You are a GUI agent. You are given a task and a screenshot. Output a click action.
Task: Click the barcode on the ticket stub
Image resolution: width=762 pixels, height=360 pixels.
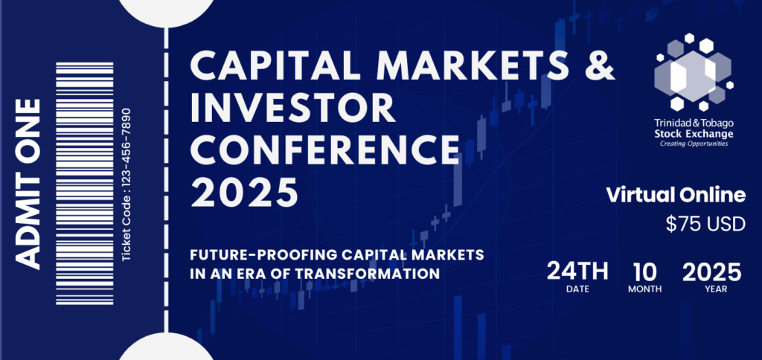(x=85, y=184)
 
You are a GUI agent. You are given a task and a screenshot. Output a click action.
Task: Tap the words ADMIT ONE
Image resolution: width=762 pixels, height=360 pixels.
(x=28, y=184)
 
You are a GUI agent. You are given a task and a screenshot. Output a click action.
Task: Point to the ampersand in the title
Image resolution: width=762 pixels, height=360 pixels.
(x=600, y=65)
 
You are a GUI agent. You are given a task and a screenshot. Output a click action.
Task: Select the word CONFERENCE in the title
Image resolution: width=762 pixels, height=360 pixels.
(x=324, y=150)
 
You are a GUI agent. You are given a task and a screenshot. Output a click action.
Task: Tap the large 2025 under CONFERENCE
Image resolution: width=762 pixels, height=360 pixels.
(x=244, y=193)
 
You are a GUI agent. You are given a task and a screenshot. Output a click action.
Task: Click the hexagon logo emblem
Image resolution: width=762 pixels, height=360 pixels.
(x=694, y=72)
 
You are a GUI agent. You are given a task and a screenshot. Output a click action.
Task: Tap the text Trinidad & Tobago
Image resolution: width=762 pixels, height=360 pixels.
(x=693, y=123)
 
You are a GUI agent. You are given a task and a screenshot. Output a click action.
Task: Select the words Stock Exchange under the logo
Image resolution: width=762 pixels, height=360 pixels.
(x=693, y=134)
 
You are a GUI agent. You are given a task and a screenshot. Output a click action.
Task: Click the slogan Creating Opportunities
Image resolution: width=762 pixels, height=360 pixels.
(x=693, y=144)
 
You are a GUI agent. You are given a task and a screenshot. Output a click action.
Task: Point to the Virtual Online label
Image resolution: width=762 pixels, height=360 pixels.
(x=676, y=196)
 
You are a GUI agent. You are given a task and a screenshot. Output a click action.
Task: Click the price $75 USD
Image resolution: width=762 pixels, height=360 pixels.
(x=705, y=223)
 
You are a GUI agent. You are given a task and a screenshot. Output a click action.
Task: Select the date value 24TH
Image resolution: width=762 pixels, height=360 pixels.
(x=577, y=271)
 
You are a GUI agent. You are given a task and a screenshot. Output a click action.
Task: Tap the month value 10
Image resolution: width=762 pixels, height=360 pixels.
(x=644, y=271)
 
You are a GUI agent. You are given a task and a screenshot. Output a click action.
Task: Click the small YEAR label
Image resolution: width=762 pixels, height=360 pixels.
(x=717, y=289)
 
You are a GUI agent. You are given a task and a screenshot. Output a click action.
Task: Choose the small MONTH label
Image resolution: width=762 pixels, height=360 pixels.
(x=645, y=289)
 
